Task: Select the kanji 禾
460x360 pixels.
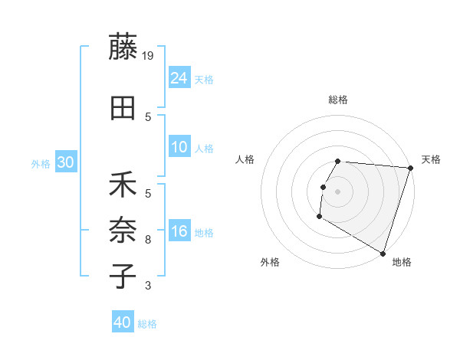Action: tap(123, 185)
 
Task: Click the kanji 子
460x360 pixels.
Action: tap(123, 277)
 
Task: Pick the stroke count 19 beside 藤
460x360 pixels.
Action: tap(149, 55)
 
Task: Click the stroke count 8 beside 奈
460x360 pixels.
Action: tap(148, 240)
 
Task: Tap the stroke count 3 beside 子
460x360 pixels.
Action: tap(148, 286)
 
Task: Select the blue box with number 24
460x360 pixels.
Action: tap(179, 77)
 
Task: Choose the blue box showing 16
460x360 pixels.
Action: tap(179, 231)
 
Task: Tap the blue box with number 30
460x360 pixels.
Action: tap(66, 162)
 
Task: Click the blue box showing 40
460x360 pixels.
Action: tap(123, 322)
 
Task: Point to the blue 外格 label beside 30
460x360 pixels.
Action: tap(41, 163)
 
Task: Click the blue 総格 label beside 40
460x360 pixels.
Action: tap(148, 324)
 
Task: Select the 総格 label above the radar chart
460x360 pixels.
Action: tap(338, 100)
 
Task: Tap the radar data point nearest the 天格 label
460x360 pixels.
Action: tap(410, 168)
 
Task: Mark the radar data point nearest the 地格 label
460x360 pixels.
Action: tap(383, 253)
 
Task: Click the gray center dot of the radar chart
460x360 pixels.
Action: tap(338, 191)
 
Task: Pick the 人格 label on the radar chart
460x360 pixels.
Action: tap(245, 159)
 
